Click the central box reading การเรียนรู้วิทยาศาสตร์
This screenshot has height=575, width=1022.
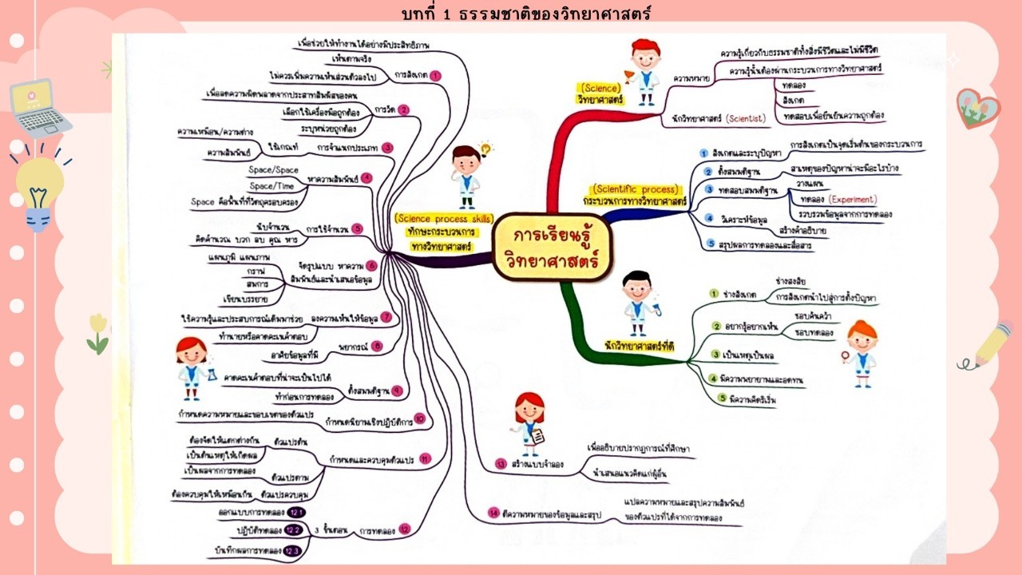coord(551,247)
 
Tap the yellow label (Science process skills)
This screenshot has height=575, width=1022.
coord(444,219)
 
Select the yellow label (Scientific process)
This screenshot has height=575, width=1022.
coord(636,190)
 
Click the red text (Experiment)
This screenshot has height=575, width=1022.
coord(852,200)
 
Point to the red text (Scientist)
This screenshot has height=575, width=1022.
coord(745,119)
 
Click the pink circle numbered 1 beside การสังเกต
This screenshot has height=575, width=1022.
coord(435,75)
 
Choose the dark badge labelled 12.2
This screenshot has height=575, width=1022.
coord(292,530)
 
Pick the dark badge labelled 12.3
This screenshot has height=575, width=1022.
coord(292,551)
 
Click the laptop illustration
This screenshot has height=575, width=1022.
coord(39,107)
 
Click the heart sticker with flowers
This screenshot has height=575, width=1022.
coord(977,108)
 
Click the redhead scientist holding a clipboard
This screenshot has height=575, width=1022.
coord(529,422)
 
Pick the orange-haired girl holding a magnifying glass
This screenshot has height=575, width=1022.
coord(861,352)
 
